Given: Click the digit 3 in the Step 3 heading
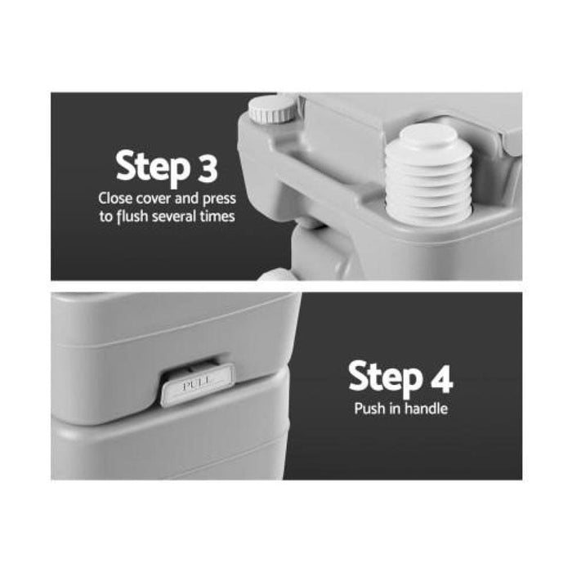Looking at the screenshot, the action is click(208, 168).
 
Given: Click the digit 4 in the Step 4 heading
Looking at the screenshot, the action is click(442, 378).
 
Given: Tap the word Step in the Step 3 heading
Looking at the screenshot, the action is click(154, 168).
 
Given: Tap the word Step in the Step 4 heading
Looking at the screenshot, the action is click(386, 378).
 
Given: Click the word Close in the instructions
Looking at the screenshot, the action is click(115, 199).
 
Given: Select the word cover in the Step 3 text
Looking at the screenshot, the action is click(154, 199).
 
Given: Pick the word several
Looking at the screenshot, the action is click(174, 217).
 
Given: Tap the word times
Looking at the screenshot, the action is click(217, 217).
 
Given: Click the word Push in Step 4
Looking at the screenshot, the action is click(370, 409).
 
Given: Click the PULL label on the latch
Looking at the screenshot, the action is click(197, 384).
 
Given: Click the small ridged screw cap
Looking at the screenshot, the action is click(272, 109).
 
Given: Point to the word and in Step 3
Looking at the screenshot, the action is click(186, 199).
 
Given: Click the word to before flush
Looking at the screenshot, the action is click(106, 217).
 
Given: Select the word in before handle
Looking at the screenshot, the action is click(395, 409).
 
